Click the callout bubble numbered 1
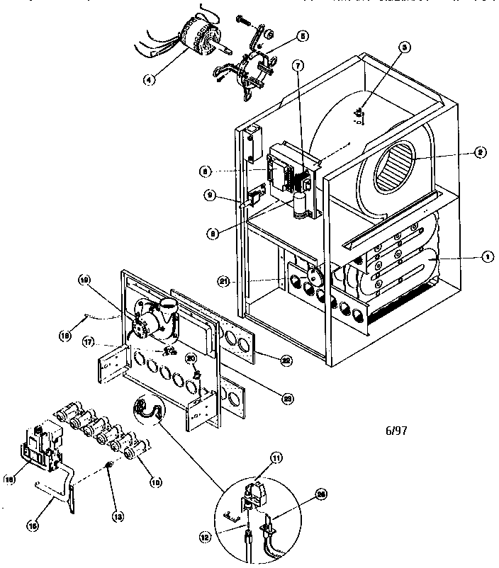[487, 259]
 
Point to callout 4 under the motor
[148, 80]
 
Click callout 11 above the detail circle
[277, 458]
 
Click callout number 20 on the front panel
[190, 359]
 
